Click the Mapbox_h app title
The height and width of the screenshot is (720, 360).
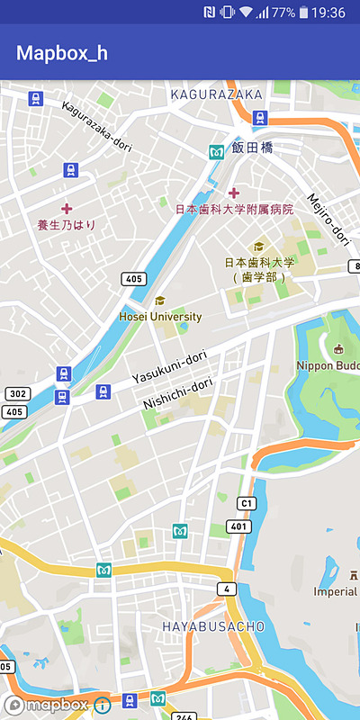point(62,52)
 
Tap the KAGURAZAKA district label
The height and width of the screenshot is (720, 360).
point(216,94)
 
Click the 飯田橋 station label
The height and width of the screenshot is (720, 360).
point(252,148)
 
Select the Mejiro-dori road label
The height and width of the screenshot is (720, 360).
point(328,219)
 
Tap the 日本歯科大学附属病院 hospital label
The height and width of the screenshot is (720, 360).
point(234,209)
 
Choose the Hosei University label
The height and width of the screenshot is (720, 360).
point(160,317)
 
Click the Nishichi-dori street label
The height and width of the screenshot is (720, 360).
point(177,393)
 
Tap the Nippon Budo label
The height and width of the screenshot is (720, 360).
point(328,365)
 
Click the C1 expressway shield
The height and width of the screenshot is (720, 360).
point(246,502)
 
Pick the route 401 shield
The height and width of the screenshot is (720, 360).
point(238,526)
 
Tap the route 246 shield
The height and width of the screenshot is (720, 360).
point(184,716)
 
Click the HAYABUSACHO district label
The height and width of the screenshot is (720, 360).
point(212,625)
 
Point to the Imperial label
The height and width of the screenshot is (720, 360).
point(335,591)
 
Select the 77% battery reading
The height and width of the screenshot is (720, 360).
point(283,13)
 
